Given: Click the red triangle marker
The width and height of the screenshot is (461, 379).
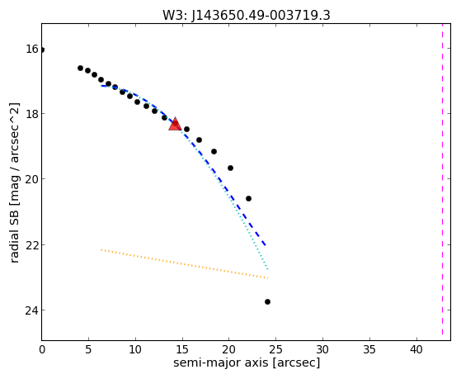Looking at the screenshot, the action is (175, 124).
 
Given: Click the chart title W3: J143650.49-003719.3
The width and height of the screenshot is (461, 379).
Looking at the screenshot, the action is (247, 15).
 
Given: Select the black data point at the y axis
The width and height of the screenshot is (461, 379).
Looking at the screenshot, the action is (42, 50).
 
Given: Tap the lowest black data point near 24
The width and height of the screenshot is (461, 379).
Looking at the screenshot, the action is (267, 301).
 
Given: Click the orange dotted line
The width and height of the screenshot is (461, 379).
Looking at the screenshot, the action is (185, 264).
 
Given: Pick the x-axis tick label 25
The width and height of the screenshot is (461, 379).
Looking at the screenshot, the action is (275, 350).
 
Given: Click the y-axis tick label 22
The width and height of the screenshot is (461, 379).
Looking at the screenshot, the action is (32, 244).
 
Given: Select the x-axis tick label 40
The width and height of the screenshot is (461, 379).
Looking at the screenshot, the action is (416, 350).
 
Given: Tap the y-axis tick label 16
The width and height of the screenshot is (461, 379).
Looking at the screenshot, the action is (32, 49).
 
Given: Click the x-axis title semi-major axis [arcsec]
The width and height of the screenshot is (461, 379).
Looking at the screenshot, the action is (247, 362).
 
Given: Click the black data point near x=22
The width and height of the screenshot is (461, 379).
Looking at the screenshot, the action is (248, 198).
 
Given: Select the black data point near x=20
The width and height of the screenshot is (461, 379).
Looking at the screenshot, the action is (230, 168).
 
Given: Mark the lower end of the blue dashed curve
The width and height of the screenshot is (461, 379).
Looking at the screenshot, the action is (266, 245).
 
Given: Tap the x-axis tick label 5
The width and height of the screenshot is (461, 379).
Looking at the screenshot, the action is (88, 350).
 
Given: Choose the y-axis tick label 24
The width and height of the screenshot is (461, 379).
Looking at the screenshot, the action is (32, 310).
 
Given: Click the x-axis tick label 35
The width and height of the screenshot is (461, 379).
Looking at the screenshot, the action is (369, 350).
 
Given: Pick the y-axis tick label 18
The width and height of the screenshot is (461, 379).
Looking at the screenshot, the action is (32, 114).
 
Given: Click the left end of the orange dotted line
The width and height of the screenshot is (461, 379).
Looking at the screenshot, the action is (101, 249).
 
